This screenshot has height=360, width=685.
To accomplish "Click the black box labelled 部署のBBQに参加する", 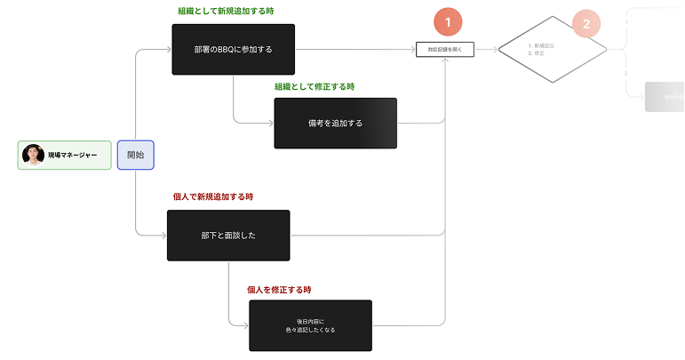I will [233, 50].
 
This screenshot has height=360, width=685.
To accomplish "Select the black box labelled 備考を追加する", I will [335, 123].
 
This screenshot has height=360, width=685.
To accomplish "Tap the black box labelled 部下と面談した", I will [228, 236].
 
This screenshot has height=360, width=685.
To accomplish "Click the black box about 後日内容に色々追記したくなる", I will [310, 325].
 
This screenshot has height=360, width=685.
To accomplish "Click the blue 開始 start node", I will [136, 155].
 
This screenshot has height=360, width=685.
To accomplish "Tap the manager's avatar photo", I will [33, 155].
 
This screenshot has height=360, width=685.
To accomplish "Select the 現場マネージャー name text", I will [73, 156].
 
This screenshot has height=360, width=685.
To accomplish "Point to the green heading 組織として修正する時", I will [315, 86].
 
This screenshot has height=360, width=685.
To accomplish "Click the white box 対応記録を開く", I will [445, 50].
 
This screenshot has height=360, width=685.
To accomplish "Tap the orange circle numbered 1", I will [448, 22].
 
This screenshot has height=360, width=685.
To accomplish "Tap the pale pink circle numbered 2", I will [585, 24].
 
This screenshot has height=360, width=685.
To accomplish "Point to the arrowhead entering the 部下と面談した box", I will [163, 236].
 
